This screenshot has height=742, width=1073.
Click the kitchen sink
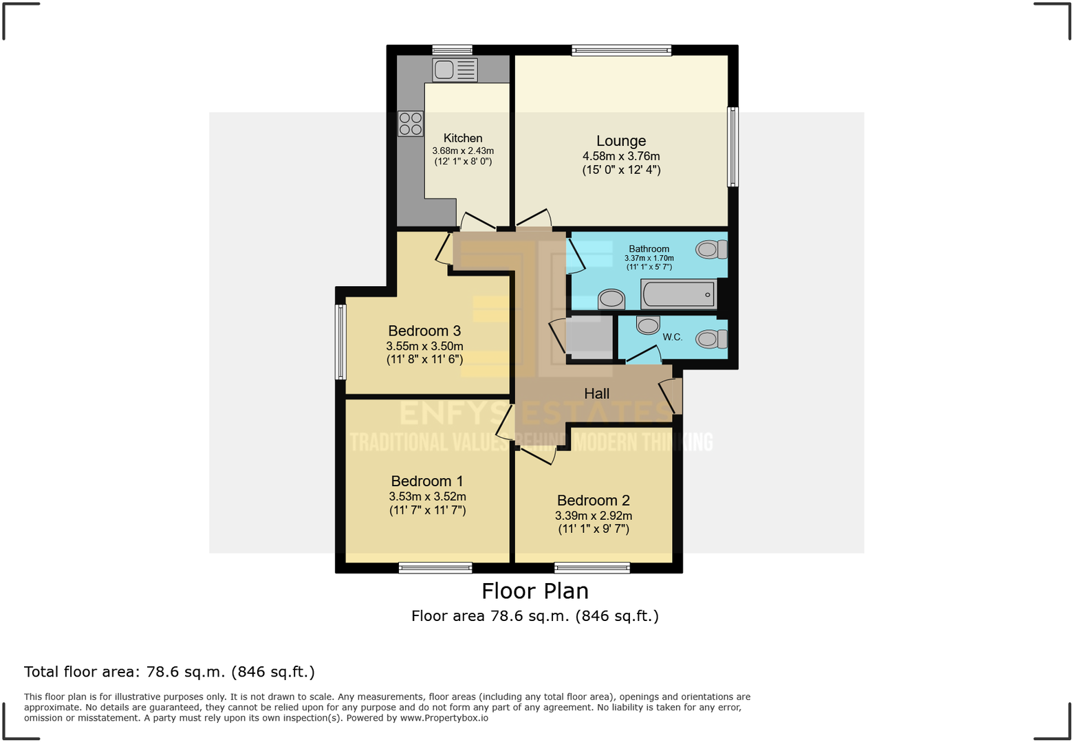click(x=455, y=70)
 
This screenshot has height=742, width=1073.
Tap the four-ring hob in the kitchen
click(x=411, y=124)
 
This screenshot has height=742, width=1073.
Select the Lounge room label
click(x=620, y=141)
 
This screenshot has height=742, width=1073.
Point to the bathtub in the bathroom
click(x=679, y=294)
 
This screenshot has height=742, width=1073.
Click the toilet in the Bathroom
click(x=711, y=249)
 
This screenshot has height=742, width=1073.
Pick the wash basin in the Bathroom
click(x=611, y=299)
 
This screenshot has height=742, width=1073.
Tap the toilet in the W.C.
click(x=711, y=339)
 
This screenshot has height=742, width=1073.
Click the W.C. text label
click(x=672, y=337)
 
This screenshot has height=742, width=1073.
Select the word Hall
click(x=596, y=393)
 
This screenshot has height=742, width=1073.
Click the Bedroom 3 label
click(x=424, y=331)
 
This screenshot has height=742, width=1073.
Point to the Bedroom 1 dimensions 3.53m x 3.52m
click(x=427, y=497)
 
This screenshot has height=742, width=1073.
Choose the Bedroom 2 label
click(x=593, y=501)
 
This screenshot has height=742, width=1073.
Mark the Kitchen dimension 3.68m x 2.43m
click(x=463, y=151)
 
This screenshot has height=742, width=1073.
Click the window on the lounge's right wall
click(x=733, y=146)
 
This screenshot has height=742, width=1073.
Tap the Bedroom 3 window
click(x=340, y=342)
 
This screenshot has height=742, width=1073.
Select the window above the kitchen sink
click(x=452, y=50)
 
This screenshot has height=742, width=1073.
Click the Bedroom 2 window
click(x=592, y=567)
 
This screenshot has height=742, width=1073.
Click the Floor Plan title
click(x=534, y=591)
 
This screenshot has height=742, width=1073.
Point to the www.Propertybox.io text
click(x=444, y=718)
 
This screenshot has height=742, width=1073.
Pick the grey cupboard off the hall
click(x=589, y=336)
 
